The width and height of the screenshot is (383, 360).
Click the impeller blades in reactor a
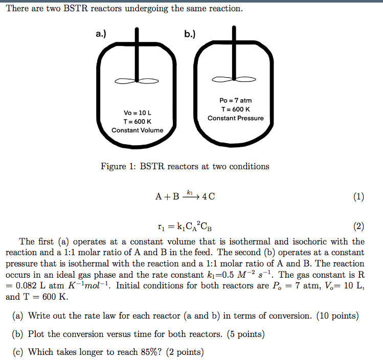137,81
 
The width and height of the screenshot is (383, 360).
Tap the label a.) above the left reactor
101,34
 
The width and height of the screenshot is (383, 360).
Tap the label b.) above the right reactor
190,34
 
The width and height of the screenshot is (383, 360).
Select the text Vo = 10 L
137,112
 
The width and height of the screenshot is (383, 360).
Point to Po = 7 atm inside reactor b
236,100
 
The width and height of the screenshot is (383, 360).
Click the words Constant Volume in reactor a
137,130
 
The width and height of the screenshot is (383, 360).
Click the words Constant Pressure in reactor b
236,118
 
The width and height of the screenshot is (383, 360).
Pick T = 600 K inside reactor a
137,121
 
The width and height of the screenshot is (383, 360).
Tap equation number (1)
358,197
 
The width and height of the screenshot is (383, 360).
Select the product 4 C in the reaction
209,197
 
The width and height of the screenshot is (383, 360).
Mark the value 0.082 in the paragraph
27,285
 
